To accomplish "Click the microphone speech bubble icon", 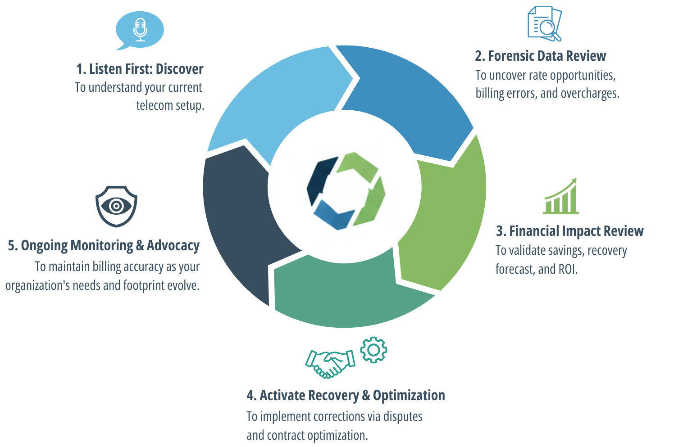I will tap(140, 30).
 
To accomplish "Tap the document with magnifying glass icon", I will tap(544, 23).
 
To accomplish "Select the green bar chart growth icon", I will tap(561, 197).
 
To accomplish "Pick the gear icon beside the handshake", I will tap(373, 350).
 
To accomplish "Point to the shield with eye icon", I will tap(116, 206).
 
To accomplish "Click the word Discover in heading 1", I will tap(179, 69).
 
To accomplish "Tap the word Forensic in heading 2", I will tap(510, 56).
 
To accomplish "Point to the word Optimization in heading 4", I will tap(409, 395).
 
